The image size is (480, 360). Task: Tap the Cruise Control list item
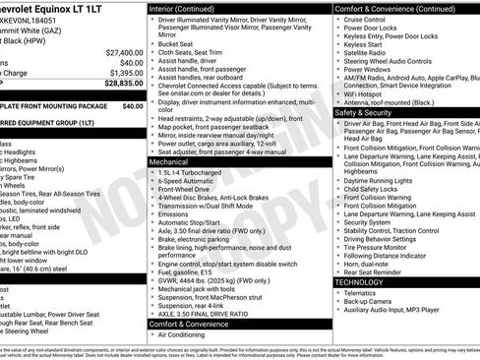[370, 19]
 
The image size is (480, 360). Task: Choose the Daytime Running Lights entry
[384, 180]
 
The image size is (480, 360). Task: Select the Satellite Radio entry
[368, 54]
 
